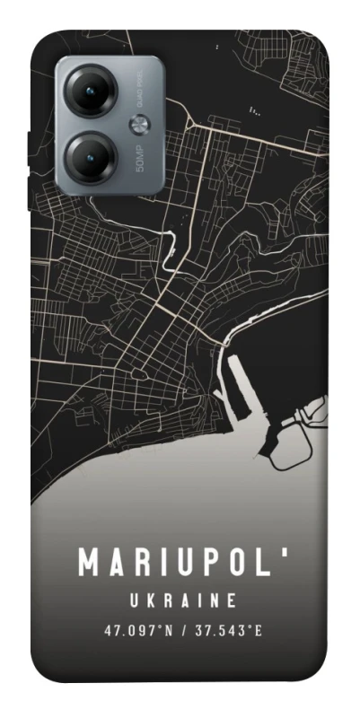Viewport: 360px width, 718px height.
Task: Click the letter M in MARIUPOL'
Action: pyautogui.click(x=91, y=563)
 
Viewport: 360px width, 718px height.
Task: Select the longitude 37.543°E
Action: pyautogui.click(x=228, y=630)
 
